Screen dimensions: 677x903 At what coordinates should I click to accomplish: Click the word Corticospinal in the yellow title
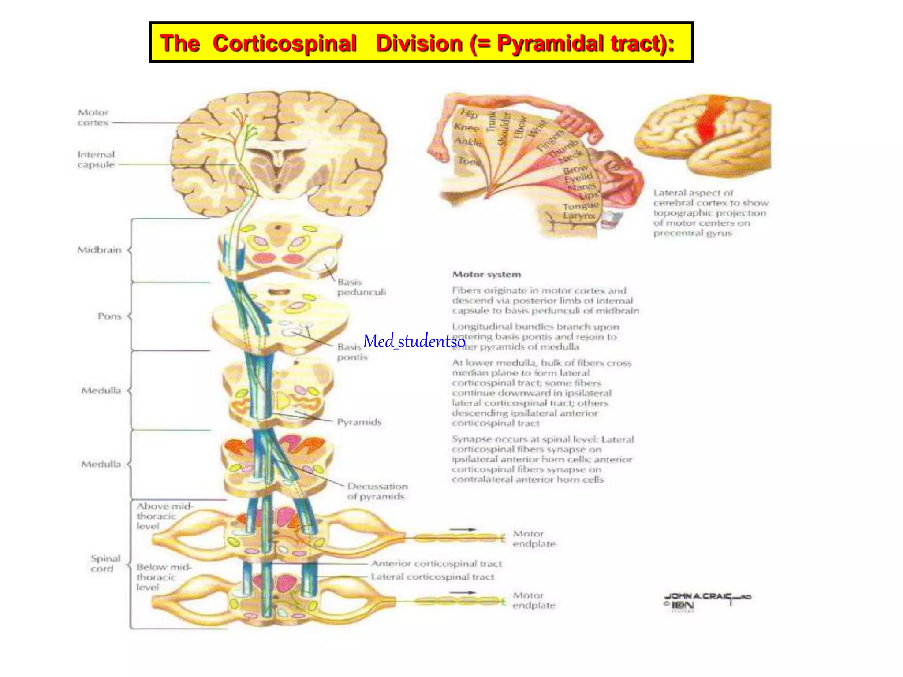click(284, 44)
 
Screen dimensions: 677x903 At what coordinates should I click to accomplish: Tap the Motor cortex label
click(93, 118)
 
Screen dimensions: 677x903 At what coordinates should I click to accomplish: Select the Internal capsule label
click(96, 160)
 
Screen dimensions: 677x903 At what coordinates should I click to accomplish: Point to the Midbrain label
click(99, 250)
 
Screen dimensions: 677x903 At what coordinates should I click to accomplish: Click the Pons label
click(109, 316)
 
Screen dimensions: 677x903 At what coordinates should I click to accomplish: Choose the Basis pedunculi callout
click(361, 287)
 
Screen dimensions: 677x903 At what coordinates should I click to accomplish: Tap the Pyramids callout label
click(359, 422)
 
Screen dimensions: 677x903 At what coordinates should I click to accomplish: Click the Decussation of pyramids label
click(377, 491)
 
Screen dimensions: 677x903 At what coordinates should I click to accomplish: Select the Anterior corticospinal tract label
click(436, 563)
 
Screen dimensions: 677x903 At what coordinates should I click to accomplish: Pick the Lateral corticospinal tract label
click(432, 577)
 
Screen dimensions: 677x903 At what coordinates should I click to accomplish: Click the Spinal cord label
click(105, 563)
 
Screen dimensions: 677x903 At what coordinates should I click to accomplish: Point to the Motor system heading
click(486, 274)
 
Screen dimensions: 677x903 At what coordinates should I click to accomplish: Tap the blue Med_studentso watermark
click(414, 341)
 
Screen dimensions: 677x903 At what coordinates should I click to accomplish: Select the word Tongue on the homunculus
click(580, 206)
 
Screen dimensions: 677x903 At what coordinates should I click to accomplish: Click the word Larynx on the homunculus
click(579, 216)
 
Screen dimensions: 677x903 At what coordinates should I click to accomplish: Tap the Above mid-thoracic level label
click(164, 516)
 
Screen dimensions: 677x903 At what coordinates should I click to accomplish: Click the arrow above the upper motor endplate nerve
click(463, 529)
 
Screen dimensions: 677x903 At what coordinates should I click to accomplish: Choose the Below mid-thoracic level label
click(163, 577)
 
